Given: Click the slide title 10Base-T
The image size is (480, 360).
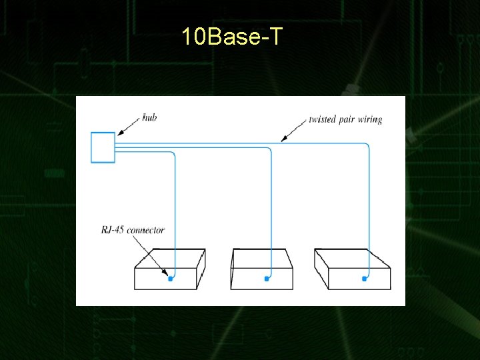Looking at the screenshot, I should (x=232, y=37).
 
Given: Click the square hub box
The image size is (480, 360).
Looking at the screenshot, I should (x=103, y=147).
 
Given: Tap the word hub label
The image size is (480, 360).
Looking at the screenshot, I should (x=150, y=118).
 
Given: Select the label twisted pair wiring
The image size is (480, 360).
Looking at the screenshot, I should (x=345, y=120).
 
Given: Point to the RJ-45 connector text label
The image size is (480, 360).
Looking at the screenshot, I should (x=133, y=230).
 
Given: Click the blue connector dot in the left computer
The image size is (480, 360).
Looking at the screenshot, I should (x=170, y=279).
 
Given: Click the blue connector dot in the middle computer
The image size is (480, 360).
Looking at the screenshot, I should (x=267, y=279).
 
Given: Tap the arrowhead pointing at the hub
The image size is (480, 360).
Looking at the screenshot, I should (x=117, y=136).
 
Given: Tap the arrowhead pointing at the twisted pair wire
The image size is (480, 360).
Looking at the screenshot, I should (x=284, y=139).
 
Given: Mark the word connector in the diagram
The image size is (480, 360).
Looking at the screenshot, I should (x=145, y=230).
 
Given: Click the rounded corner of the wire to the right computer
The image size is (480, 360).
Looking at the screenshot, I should (x=367, y=145).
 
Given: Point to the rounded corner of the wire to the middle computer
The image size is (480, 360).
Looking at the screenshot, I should (x=269, y=150).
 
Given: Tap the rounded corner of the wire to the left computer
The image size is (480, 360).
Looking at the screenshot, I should (x=173, y=155).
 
